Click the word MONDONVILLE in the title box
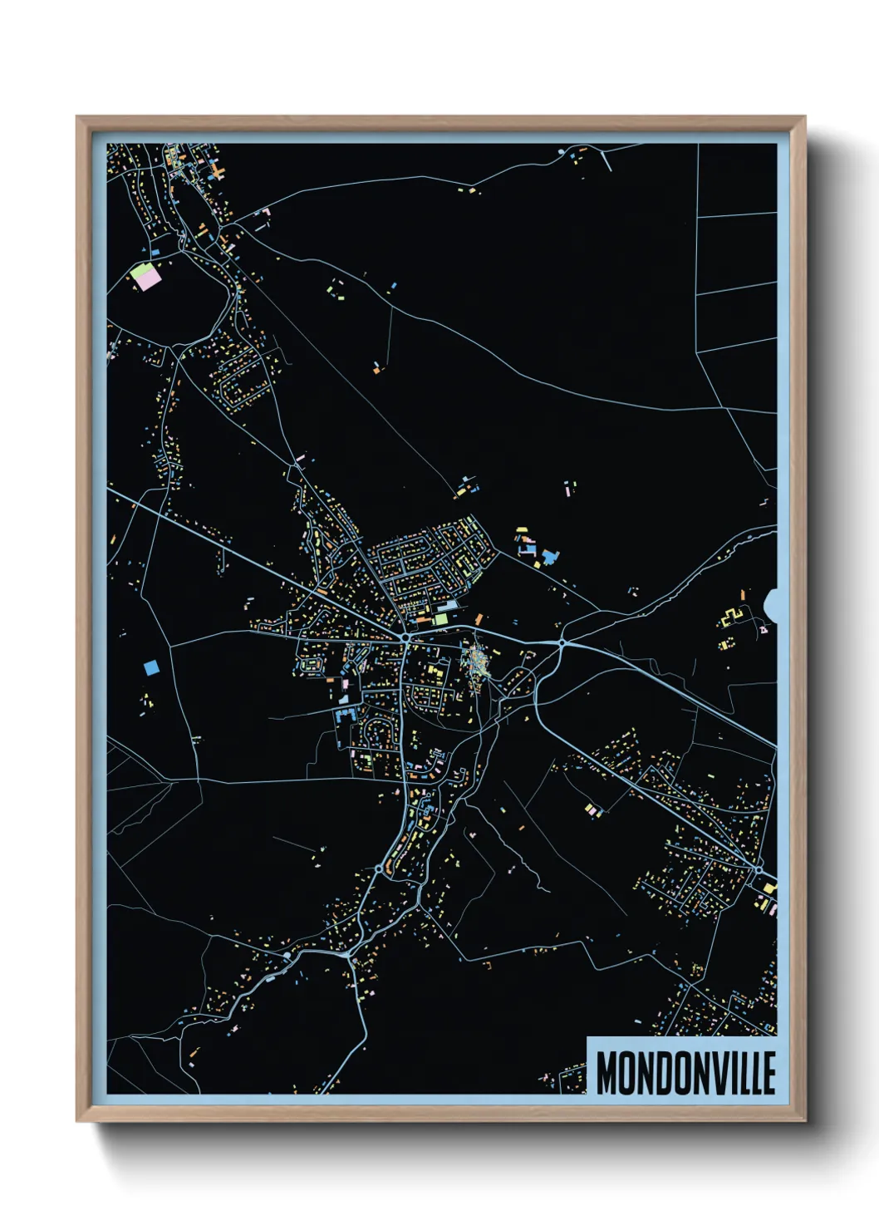685,1072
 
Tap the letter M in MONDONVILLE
607,1072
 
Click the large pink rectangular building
149,279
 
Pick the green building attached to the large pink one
139,271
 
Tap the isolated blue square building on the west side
151,667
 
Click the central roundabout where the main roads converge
405,637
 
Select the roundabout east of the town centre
562,642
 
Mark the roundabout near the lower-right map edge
758,868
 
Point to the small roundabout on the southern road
379,868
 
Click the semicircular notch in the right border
770,603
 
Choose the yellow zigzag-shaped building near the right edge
732,617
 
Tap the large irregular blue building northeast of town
549,555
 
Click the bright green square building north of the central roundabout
441,618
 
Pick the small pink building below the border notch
764,631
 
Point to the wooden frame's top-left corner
77,117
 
